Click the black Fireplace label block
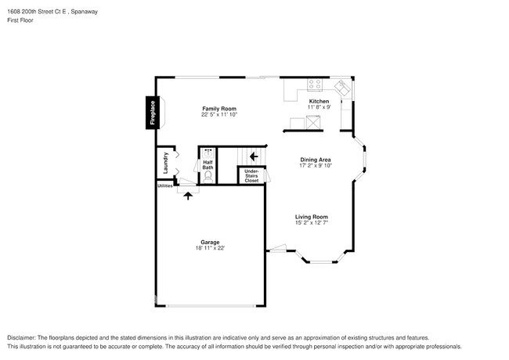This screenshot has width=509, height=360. (153, 111)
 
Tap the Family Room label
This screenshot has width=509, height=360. (219, 109)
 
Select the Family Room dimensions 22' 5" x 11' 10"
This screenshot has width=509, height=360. (219, 115)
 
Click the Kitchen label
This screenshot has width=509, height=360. (319, 102)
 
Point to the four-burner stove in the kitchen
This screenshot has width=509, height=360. (315, 85)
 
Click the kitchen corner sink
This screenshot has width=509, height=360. (342, 87)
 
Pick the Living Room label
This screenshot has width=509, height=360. (311, 217)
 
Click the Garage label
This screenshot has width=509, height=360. (210, 243)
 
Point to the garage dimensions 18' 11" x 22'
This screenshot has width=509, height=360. (210, 249)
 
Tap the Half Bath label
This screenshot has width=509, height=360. (208, 165)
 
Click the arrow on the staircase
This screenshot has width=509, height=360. (254, 157)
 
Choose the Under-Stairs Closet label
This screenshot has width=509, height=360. (251, 176)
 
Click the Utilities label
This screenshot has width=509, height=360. (165, 186)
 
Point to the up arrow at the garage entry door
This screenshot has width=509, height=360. (188, 196)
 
